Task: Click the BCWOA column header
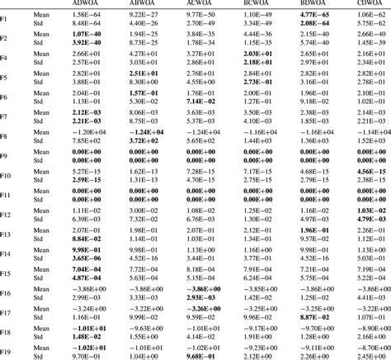coord(259,2)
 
